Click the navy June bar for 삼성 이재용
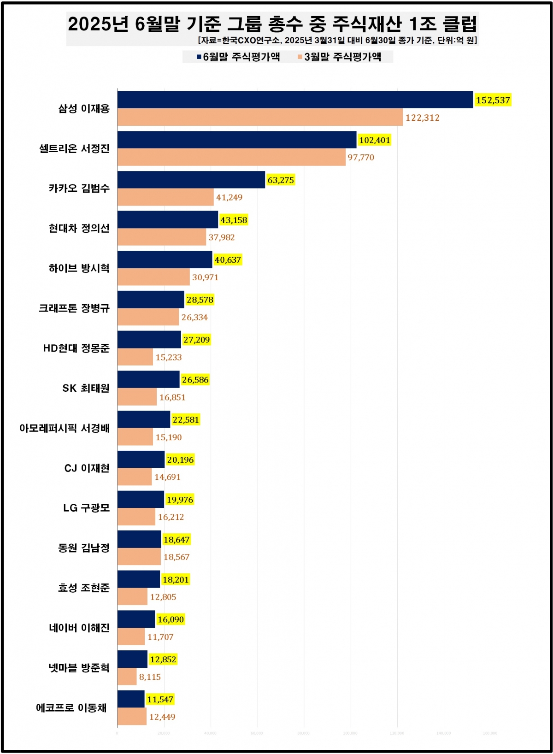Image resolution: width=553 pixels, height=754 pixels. (295, 100)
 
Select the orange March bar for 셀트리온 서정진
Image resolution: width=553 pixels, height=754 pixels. (231, 157)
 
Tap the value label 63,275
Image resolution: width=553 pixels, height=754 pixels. (281, 180)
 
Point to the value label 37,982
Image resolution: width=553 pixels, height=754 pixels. (222, 237)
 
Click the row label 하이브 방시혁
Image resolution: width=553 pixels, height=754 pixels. (79, 268)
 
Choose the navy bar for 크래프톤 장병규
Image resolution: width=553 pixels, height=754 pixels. (151, 300)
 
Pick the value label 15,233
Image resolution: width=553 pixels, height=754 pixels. (169, 357)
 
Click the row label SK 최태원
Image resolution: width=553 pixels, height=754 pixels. (86, 388)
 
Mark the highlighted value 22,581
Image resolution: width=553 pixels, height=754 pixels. (186, 420)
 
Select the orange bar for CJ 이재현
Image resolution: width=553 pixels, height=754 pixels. (135, 477)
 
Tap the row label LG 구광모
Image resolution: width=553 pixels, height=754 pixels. (87, 508)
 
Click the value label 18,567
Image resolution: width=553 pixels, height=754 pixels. (176, 557)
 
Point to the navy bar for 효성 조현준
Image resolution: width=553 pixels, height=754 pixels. (139, 579)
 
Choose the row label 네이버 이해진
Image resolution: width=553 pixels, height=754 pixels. (79, 628)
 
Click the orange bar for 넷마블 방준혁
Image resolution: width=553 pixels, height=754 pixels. (127, 677)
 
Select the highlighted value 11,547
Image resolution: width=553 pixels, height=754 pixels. (160, 699)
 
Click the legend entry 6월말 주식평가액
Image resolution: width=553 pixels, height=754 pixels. (238, 57)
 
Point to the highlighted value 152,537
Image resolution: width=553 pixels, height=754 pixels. (493, 100)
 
